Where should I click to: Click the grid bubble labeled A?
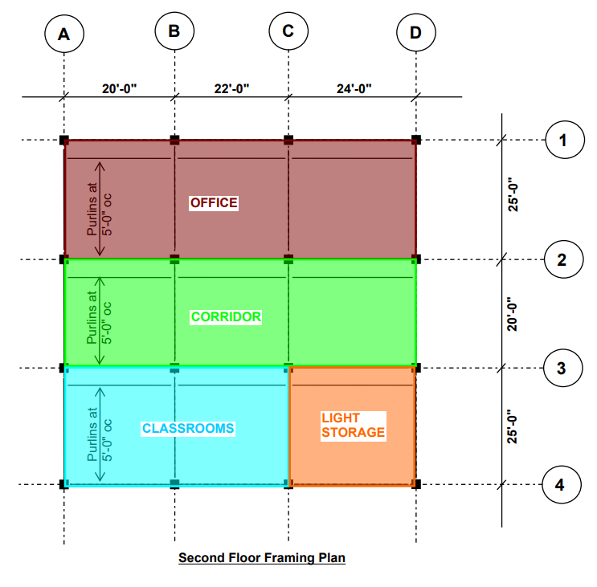click(64, 35)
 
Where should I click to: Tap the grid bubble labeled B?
click(174, 31)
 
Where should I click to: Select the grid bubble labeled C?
click(288, 31)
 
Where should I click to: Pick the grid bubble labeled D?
click(415, 33)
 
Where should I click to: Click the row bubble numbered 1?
click(562, 141)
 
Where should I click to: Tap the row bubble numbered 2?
click(562, 259)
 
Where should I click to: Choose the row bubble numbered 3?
click(562, 369)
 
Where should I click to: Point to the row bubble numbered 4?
click(562, 485)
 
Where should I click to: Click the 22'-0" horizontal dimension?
click(231, 89)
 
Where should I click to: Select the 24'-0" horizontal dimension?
click(354, 89)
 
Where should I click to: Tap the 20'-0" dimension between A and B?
click(120, 89)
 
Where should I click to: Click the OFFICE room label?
click(214, 202)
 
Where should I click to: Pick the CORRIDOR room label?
click(226, 316)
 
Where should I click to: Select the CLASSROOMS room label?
click(188, 428)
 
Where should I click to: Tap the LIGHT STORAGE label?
click(353, 426)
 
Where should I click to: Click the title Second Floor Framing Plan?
click(262, 557)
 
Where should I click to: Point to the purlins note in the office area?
click(100, 209)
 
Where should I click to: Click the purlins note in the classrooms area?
click(100, 434)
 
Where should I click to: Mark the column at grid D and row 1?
click(415, 141)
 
